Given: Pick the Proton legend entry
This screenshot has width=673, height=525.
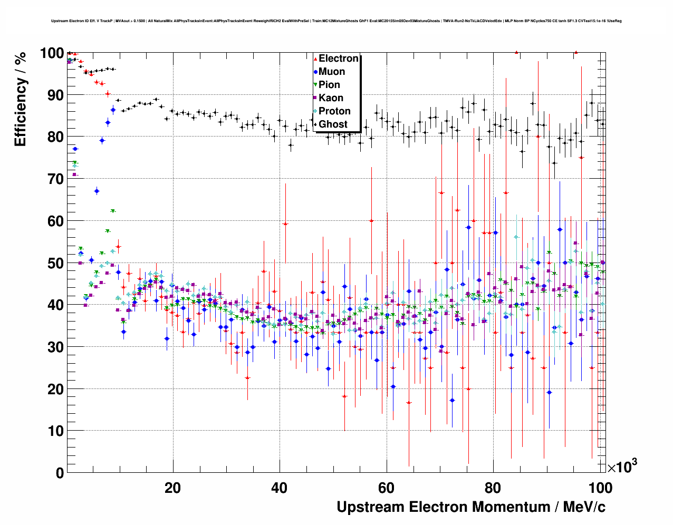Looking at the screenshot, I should click(x=334, y=111).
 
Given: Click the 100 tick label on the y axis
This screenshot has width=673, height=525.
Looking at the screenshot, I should click(x=52, y=53).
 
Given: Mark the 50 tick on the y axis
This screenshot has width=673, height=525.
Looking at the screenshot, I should click(x=55, y=263).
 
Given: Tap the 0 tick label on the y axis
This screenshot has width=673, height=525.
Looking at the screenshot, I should click(x=59, y=473).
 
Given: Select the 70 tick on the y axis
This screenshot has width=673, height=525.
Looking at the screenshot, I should click(x=55, y=179).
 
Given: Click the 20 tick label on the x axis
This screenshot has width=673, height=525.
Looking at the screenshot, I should click(x=172, y=488).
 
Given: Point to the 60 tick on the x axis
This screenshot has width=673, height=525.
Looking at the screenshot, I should click(x=386, y=488).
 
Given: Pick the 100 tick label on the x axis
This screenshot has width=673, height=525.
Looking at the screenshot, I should click(x=600, y=488).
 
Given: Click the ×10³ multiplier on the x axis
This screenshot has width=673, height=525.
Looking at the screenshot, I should click(x=622, y=466).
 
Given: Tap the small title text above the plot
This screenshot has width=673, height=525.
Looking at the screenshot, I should click(x=336, y=21).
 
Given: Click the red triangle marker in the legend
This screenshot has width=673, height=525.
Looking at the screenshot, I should click(x=315, y=59).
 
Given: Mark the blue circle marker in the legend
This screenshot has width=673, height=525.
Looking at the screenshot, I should click(x=315, y=72).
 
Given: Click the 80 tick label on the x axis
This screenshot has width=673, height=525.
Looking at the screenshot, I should click(x=493, y=488).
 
